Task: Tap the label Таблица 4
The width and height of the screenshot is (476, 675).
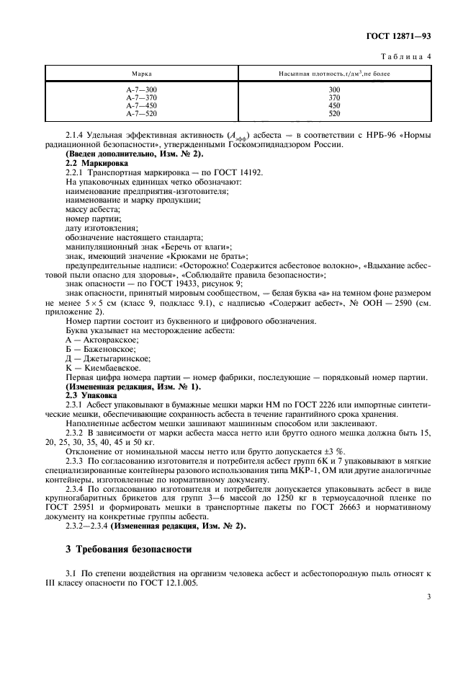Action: (407, 56)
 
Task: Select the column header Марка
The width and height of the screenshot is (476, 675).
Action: (141, 74)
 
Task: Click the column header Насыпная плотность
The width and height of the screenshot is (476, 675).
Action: (333, 74)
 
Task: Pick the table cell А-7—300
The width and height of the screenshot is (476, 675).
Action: (141, 89)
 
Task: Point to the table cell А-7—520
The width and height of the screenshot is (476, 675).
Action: (141, 114)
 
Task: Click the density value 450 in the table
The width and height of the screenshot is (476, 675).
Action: (333, 106)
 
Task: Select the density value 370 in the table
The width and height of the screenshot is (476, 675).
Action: (333, 97)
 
